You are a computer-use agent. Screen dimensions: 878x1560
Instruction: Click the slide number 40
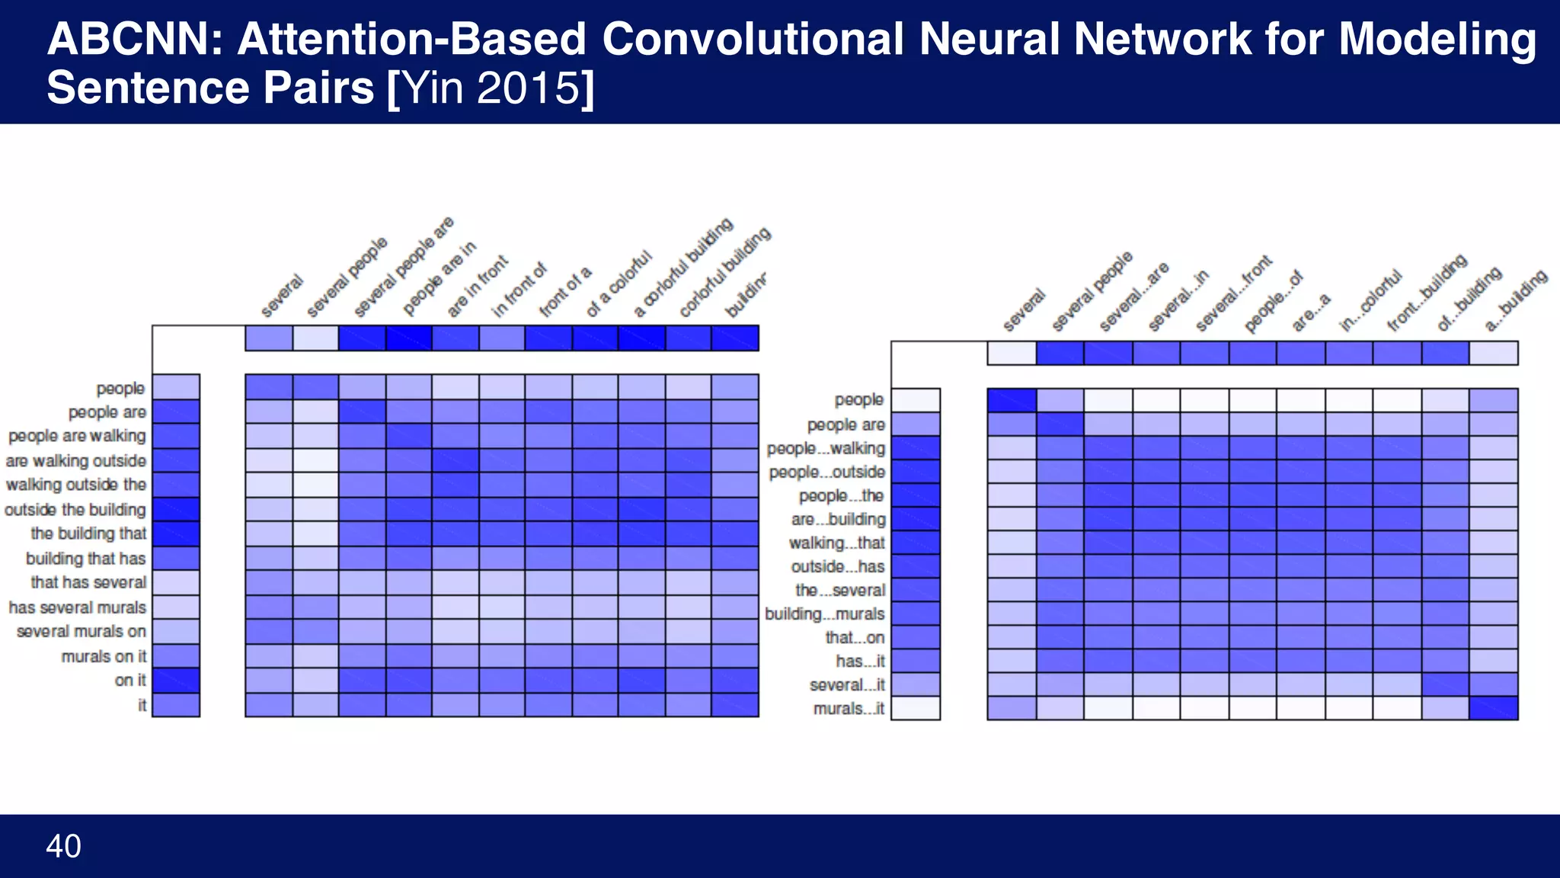63,846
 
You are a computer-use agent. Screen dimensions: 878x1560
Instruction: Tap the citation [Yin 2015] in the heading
491,88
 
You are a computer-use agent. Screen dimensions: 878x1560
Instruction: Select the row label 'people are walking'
77,436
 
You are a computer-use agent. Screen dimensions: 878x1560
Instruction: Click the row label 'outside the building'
75,509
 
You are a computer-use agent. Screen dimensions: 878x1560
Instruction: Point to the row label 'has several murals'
77,607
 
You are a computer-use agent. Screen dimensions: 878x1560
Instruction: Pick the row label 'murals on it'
104,656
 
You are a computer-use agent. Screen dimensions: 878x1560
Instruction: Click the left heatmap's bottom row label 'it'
142,705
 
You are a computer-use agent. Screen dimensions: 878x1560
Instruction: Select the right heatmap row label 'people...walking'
826,448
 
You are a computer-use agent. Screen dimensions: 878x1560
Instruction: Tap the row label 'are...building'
838,519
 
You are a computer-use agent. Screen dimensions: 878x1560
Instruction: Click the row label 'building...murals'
825,614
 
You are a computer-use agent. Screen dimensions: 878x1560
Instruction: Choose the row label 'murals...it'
849,708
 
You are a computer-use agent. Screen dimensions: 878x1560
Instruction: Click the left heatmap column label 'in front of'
519,290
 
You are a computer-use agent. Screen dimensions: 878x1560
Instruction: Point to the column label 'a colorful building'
683,267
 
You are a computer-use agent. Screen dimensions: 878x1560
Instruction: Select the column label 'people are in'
440,278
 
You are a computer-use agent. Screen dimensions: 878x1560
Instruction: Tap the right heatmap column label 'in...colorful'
1370,301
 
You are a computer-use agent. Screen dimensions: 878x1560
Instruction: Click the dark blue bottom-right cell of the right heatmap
1493,708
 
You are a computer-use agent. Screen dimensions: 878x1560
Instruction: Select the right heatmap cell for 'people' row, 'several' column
1012,400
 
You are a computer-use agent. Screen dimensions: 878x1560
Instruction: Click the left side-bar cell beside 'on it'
176,680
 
